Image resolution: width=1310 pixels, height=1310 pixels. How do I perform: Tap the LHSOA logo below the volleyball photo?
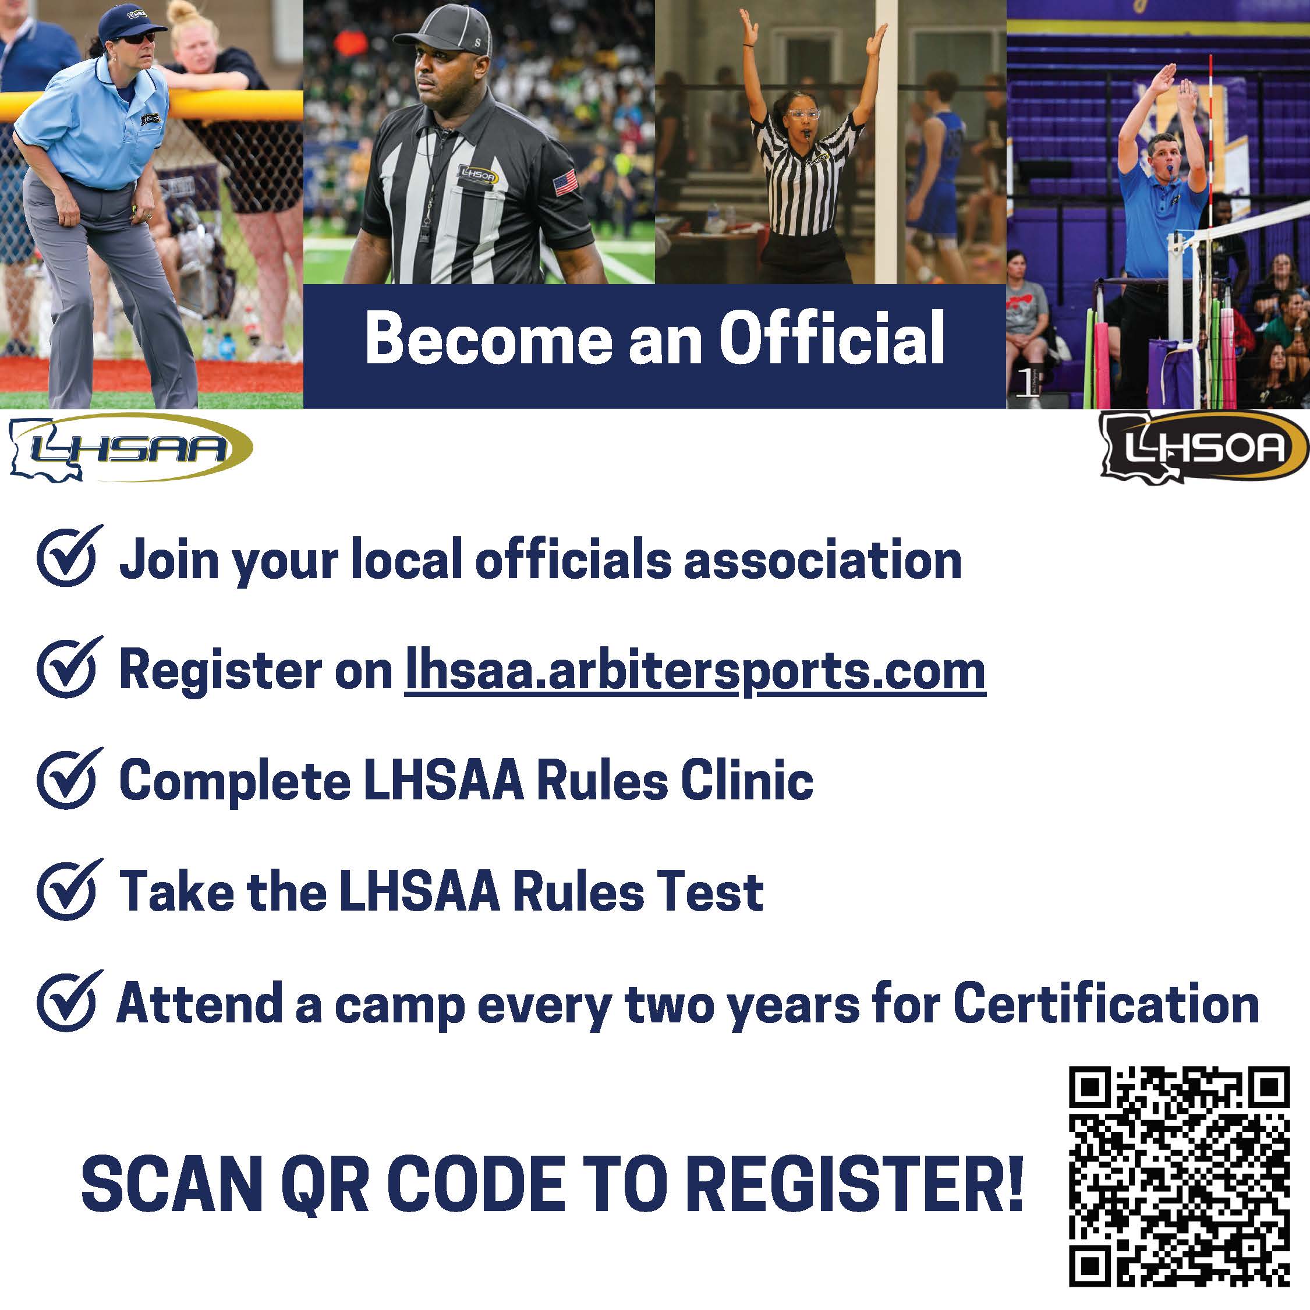click(x=1203, y=448)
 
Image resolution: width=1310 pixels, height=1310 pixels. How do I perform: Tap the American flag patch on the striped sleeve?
click(x=565, y=182)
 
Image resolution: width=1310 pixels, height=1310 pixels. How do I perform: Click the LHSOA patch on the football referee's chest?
click(x=477, y=175)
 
